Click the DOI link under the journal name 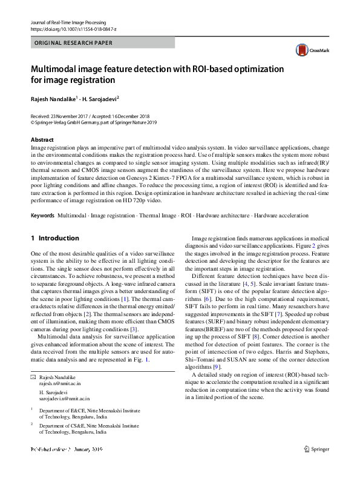tap(73, 28)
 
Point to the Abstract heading tap(42, 140)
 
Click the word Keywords tap(42, 216)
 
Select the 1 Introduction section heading tap(54, 239)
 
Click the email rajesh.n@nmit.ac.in tap(60, 383)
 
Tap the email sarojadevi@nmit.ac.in tap(64, 398)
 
